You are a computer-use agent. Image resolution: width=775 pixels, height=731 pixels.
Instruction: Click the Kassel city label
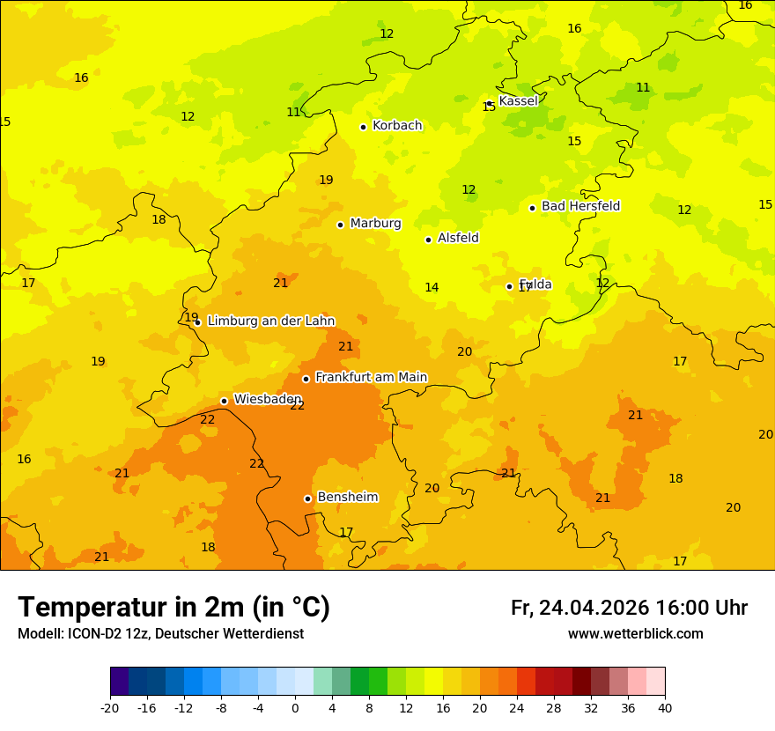click(518, 101)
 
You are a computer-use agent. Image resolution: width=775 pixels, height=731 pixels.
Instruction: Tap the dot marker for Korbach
click(363, 127)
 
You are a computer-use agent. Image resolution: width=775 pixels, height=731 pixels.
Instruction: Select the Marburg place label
click(375, 224)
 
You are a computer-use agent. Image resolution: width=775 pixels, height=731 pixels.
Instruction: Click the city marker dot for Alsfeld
click(428, 240)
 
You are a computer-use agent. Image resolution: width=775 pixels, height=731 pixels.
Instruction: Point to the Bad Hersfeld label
click(580, 206)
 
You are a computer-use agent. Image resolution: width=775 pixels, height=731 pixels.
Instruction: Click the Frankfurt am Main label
click(371, 377)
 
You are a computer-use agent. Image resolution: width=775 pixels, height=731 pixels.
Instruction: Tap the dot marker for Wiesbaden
click(224, 401)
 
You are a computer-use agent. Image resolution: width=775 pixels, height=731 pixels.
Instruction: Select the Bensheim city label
click(347, 497)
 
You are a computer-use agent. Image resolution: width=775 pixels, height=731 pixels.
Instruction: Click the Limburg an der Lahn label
click(270, 321)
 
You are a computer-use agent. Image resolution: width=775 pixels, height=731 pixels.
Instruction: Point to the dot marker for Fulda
click(509, 286)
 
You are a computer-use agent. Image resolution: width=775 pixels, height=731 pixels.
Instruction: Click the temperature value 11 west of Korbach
click(293, 113)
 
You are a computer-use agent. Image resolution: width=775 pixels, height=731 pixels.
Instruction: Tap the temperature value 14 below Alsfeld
click(432, 288)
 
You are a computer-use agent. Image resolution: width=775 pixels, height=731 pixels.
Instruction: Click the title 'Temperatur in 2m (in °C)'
click(173, 608)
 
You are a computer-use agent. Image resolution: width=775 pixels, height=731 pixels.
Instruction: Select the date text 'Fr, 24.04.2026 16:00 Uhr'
click(629, 608)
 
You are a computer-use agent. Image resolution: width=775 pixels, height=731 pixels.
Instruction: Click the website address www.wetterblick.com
click(635, 634)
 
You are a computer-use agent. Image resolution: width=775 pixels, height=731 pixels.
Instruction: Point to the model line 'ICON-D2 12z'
click(160, 634)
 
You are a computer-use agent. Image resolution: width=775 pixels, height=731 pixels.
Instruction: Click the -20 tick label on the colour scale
click(110, 708)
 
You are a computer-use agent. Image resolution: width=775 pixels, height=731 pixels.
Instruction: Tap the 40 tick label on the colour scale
click(665, 708)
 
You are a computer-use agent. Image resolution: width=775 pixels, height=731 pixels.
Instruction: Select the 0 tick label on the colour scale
click(295, 708)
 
